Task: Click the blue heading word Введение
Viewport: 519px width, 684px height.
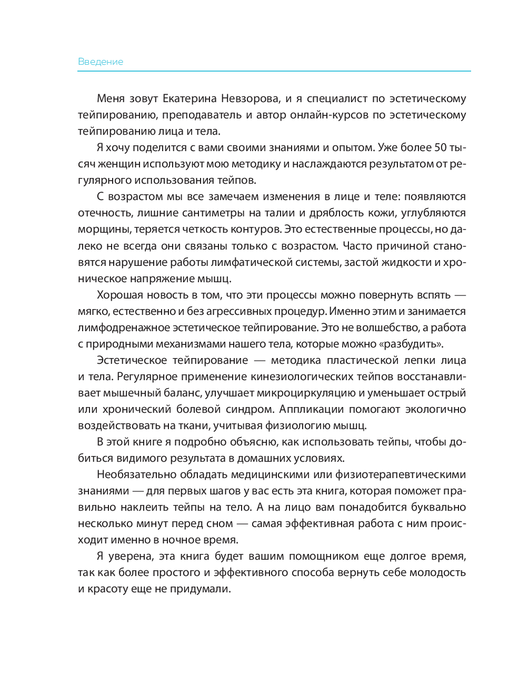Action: coord(101,62)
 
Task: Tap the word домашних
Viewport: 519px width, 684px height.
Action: coord(269,458)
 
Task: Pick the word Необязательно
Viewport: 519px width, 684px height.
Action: coord(136,474)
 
